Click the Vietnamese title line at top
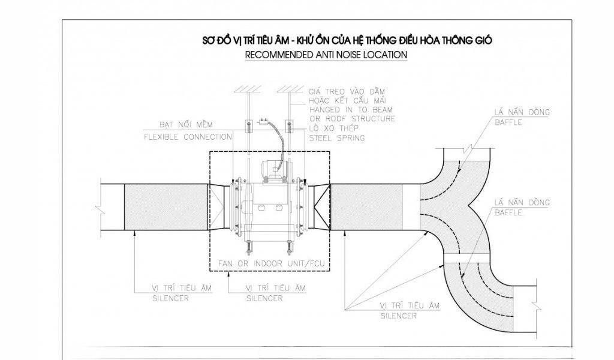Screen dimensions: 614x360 [x=347, y=40]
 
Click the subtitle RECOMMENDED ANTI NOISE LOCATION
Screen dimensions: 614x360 [x=326, y=55]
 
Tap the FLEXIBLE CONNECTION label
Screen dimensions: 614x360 [x=188, y=137]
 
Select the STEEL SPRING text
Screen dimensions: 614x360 [x=337, y=138]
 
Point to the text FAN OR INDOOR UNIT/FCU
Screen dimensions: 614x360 [x=272, y=263]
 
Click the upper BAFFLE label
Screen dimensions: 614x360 [x=508, y=122]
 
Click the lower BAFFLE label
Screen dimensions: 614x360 [x=508, y=213]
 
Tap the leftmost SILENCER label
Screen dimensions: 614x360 [x=170, y=298]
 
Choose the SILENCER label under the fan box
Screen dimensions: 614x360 [x=264, y=298]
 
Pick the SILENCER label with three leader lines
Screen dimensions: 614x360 [x=399, y=316]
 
